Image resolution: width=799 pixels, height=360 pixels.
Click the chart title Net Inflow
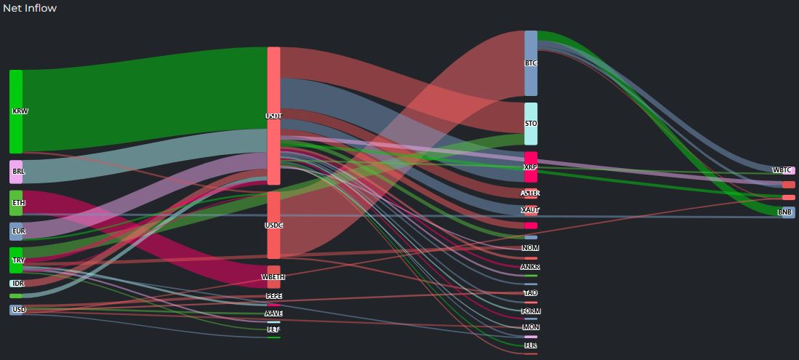pyautogui.click(x=30, y=8)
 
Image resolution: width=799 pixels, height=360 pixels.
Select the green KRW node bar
pyautogui.click(x=16, y=111)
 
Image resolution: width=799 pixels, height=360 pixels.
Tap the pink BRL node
pyautogui.click(x=16, y=172)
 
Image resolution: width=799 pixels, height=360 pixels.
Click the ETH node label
pyautogui.click(x=18, y=203)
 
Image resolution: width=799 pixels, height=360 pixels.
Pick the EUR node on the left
pyautogui.click(x=16, y=231)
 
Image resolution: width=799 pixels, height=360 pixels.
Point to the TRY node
pyautogui.click(x=16, y=260)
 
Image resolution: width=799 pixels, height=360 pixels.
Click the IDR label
pyautogui.click(x=18, y=284)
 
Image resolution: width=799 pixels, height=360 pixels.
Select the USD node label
pyautogui.click(x=19, y=310)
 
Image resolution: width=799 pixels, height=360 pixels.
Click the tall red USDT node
pyautogui.click(x=273, y=116)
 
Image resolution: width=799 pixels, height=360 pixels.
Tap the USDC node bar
pyautogui.click(x=273, y=225)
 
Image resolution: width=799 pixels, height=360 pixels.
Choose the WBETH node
pyautogui.click(x=273, y=277)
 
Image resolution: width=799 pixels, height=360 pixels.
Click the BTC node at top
pyautogui.click(x=531, y=63)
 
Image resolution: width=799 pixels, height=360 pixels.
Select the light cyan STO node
pyautogui.click(x=531, y=124)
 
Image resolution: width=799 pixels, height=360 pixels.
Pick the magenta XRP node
pyautogui.click(x=531, y=167)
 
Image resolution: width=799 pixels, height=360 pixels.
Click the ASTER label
pyautogui.click(x=531, y=193)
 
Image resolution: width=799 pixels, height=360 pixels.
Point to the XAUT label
pyautogui.click(x=531, y=210)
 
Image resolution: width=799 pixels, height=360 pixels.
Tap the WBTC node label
pyautogui.click(x=782, y=170)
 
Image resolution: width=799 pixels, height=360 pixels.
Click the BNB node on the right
pyautogui.click(x=784, y=212)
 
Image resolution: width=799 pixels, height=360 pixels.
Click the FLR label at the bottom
pyautogui.click(x=531, y=345)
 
